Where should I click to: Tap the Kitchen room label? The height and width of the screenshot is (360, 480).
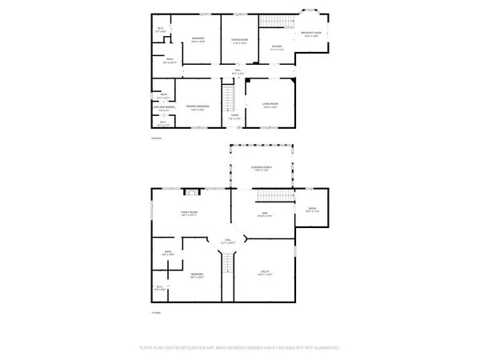point(277,48)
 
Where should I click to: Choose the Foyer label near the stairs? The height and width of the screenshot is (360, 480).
point(235,117)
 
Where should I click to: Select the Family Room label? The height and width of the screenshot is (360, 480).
point(190,214)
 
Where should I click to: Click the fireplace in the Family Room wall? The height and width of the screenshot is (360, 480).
point(191,191)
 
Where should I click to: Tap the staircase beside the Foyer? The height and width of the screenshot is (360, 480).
point(226,98)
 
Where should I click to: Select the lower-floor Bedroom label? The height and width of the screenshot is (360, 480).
point(197,276)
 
